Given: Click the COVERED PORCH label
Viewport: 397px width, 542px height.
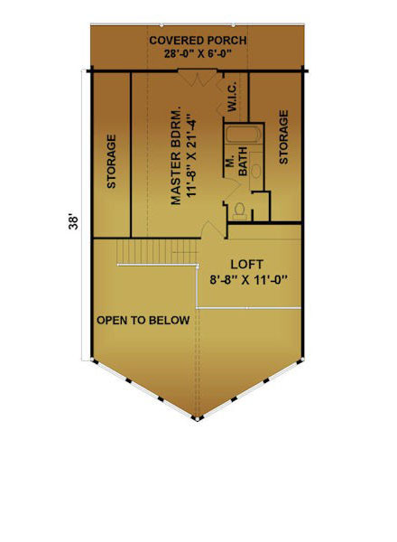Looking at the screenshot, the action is coord(198,41).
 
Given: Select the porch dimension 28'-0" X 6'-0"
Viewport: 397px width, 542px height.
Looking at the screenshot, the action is coord(198,54).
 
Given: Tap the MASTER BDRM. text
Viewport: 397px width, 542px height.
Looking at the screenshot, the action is coord(176,157).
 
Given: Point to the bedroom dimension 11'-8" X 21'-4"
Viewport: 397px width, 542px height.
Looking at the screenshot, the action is coord(191,158).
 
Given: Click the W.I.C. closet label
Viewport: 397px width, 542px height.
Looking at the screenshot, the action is coord(232,97).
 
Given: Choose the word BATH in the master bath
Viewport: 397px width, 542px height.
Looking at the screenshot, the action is coord(243,161).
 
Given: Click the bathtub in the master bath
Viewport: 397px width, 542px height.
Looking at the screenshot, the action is coord(244,135).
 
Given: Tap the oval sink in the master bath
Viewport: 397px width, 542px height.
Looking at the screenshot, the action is coord(255,171).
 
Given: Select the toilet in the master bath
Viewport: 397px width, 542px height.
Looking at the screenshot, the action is coord(239,211).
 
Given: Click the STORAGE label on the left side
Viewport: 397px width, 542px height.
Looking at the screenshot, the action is coord(111,162).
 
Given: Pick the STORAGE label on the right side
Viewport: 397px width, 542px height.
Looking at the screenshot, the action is coord(283,137).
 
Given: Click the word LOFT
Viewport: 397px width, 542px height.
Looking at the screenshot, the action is coord(246,265).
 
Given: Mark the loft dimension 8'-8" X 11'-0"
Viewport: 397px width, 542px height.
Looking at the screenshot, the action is coord(248,279).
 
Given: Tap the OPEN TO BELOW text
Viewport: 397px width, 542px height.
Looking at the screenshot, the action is coord(143,321).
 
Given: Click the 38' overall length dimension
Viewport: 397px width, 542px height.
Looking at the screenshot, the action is coord(73,223).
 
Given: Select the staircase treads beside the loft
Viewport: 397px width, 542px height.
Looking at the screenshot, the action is coord(157,251).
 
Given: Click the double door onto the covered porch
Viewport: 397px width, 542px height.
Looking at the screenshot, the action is coord(198,78).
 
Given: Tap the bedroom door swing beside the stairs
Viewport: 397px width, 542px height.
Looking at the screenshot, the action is coord(213,229).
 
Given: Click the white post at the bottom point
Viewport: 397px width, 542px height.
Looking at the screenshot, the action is coord(197,419).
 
